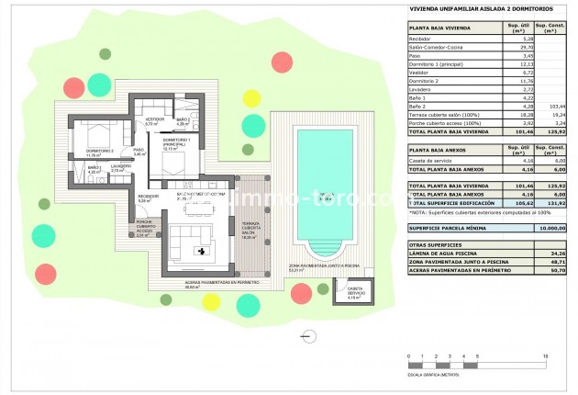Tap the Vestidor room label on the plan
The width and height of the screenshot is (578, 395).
(x=155, y=120)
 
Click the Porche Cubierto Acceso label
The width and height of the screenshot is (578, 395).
(x=143, y=228)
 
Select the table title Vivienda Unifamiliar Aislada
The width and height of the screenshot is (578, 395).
(x=475, y=10)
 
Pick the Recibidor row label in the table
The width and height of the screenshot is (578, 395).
(x=423, y=39)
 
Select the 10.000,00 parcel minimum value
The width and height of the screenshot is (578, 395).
(x=551, y=227)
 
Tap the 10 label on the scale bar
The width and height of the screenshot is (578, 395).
(x=547, y=354)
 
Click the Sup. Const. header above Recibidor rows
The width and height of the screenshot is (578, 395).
(x=551, y=28)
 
